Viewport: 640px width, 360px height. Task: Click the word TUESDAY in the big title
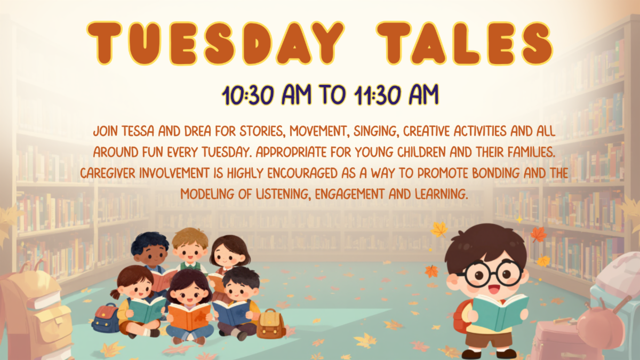pyautogui.click(x=215, y=43)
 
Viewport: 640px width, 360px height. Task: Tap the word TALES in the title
pyautogui.click(x=465, y=43)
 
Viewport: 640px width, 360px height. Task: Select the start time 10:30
pyautogui.click(x=248, y=95)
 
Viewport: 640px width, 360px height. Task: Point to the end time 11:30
pyautogui.click(x=377, y=95)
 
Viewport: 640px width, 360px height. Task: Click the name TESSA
pyautogui.click(x=138, y=131)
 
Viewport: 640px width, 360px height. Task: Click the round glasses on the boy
pyautogui.click(x=491, y=273)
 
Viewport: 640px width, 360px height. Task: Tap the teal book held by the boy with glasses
pyautogui.click(x=500, y=311)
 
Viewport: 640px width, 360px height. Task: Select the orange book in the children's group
pyautogui.click(x=189, y=316)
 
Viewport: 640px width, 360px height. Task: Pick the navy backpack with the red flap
pyautogui.click(x=106, y=318)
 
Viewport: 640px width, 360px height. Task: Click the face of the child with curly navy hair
pyautogui.click(x=151, y=255)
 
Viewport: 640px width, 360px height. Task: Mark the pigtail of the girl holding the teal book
pyautogui.click(x=115, y=294)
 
